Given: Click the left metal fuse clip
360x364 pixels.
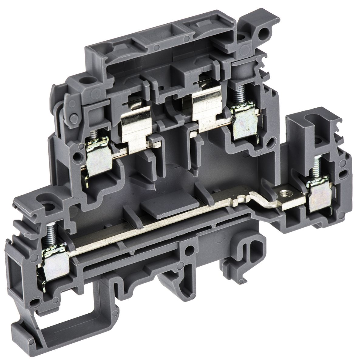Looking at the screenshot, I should [133, 130].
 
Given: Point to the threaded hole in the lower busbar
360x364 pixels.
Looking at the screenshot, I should [284, 192].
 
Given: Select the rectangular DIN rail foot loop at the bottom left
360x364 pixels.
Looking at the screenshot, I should [59, 331].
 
